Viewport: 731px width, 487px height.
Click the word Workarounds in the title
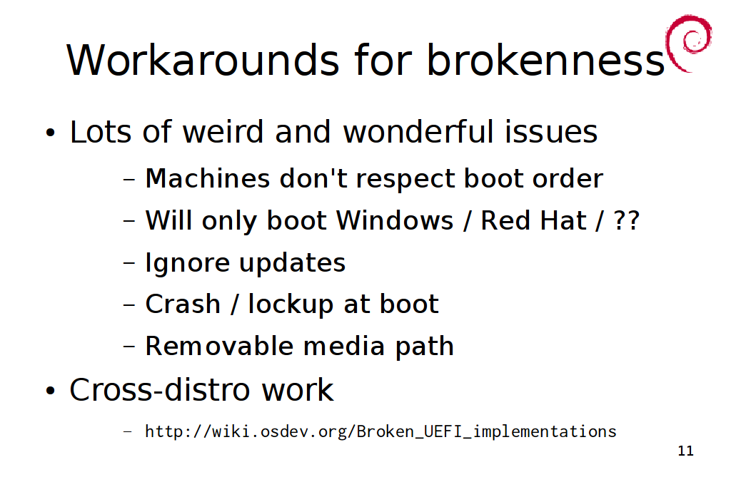[203, 60]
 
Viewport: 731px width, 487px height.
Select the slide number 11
[685, 451]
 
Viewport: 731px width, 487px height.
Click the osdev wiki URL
[380, 431]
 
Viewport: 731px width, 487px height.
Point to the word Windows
[394, 220]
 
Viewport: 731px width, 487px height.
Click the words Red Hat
[533, 220]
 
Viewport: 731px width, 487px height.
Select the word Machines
[208, 178]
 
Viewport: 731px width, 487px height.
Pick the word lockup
[291, 305]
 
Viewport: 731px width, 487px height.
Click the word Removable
[219, 347]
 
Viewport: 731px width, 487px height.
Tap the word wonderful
[418, 131]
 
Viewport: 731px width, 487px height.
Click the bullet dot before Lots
[51, 133]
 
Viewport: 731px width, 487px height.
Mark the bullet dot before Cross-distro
[51, 391]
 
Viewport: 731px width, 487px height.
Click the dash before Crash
[129, 305]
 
